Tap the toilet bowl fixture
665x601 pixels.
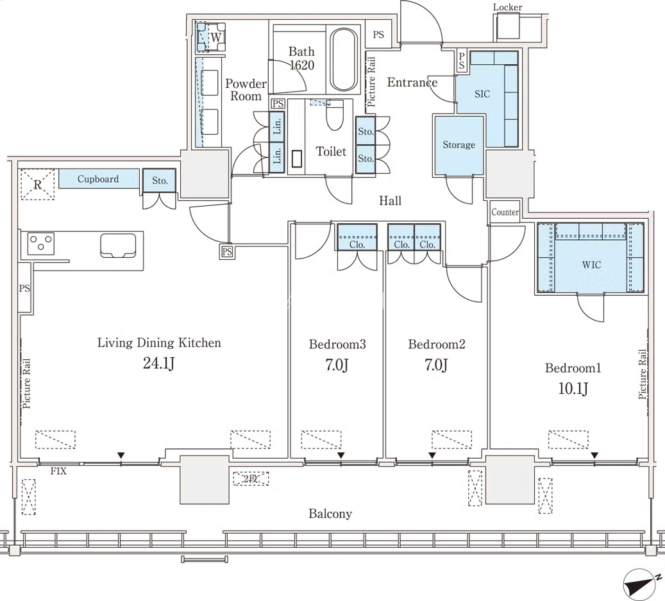(335, 115)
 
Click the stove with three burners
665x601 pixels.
(41, 244)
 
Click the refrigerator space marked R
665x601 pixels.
(38, 184)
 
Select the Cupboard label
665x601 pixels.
(98, 179)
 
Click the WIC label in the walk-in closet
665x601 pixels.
(591, 265)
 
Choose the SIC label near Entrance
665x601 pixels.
(482, 94)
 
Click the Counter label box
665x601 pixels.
(505, 212)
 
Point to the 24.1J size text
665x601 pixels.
(158, 364)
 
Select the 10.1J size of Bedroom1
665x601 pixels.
(573, 388)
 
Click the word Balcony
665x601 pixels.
(330, 514)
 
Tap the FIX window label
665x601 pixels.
(58, 471)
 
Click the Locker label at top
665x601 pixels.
(507, 7)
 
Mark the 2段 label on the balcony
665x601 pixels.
(251, 479)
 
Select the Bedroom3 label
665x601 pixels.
(337, 344)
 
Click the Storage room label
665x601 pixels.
(459, 144)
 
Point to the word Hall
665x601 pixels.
(390, 201)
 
